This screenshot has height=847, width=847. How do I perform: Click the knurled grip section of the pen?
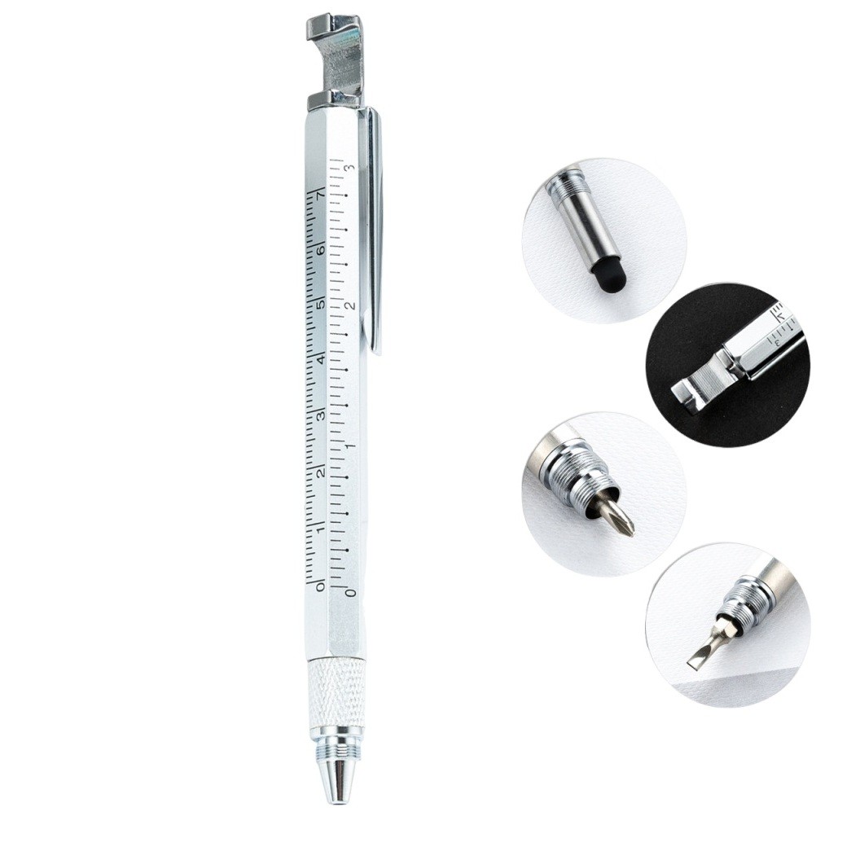336,693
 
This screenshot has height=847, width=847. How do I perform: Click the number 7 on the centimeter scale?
320,196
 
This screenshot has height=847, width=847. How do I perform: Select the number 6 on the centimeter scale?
320,251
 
